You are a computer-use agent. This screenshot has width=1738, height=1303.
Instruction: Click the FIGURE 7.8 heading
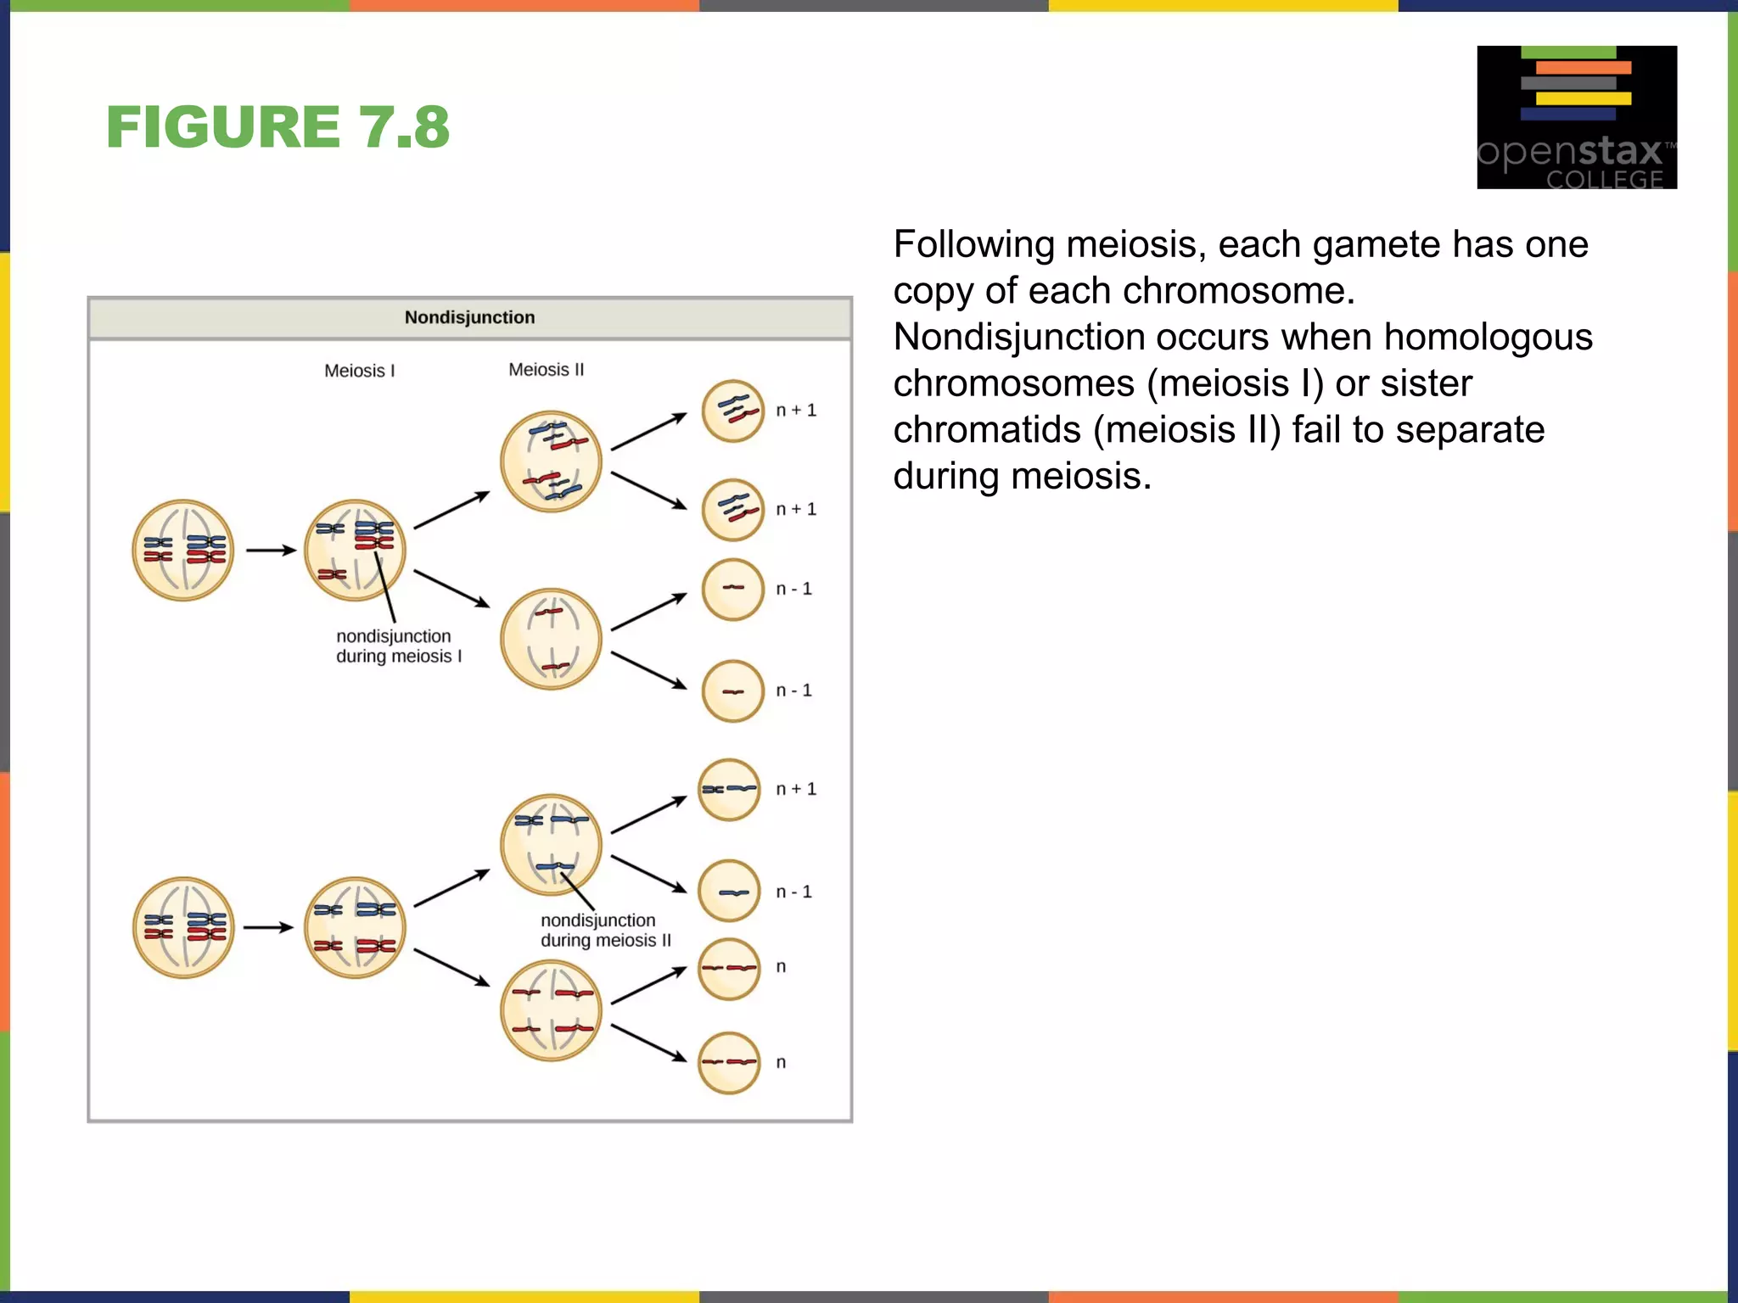278,127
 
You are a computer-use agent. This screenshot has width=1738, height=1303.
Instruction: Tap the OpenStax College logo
1576,117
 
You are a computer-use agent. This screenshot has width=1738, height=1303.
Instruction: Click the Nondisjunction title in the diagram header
469,317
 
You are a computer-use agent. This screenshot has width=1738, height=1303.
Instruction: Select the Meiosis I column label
359,371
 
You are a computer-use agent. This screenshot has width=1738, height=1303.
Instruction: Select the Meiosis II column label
546,370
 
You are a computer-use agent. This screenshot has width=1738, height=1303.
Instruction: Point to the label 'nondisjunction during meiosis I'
398,646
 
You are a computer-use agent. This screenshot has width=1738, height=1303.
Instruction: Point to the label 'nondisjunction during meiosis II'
605,930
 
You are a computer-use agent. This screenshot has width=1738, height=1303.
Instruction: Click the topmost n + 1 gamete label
795,411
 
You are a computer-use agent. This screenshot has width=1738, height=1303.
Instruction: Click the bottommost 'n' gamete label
781,1062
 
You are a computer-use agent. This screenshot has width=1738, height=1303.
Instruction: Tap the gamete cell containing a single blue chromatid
729,892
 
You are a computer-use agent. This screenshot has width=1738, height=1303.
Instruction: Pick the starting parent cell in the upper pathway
182,551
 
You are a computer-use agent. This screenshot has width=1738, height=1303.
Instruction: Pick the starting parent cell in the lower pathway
182,927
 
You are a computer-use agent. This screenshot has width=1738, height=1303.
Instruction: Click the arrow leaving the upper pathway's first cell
270,551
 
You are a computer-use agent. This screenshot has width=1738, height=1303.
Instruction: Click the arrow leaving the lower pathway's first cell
267,927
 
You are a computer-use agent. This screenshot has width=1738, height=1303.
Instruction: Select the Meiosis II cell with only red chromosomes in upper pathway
551,639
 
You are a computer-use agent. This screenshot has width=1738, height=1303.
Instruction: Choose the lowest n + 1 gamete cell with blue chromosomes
729,790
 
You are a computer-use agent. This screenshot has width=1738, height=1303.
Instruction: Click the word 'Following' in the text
973,244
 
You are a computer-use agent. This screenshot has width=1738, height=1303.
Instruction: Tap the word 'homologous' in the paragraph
1488,337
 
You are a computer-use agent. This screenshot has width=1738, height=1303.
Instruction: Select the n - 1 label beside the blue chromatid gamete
793,892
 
